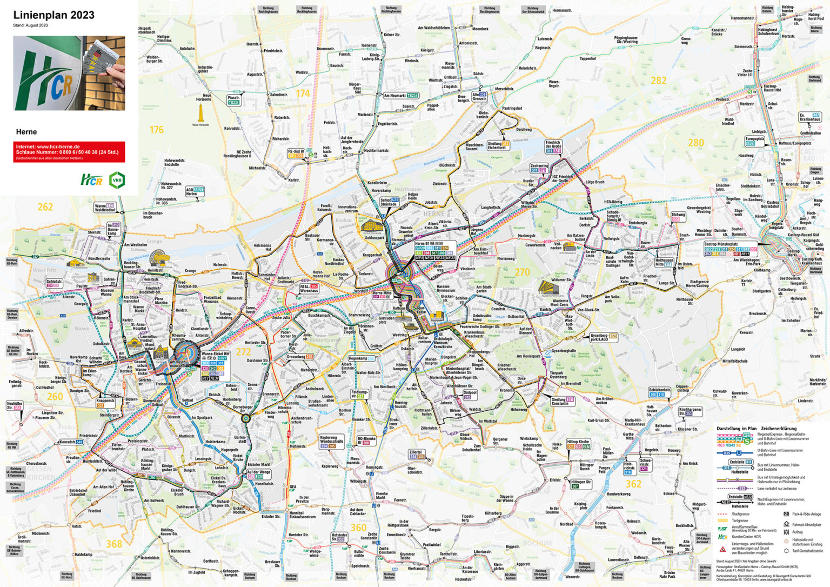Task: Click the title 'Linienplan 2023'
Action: [x=53, y=15]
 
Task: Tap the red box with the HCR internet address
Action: [x=69, y=152]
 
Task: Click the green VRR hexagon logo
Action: [x=117, y=180]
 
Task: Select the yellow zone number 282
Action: [x=658, y=81]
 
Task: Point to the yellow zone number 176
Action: [x=157, y=130]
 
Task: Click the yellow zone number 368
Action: [x=113, y=544]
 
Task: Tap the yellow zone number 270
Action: [x=522, y=272]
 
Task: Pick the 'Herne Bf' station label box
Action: [x=422, y=244]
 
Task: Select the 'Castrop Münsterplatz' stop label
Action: [x=721, y=244]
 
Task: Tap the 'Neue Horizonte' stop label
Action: [x=203, y=97]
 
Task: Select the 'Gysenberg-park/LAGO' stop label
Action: [x=599, y=337]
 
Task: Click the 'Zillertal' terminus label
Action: [x=416, y=452]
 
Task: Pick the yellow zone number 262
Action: [x=45, y=207]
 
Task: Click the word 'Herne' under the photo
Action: [x=26, y=132]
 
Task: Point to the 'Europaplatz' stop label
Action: [x=755, y=139]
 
